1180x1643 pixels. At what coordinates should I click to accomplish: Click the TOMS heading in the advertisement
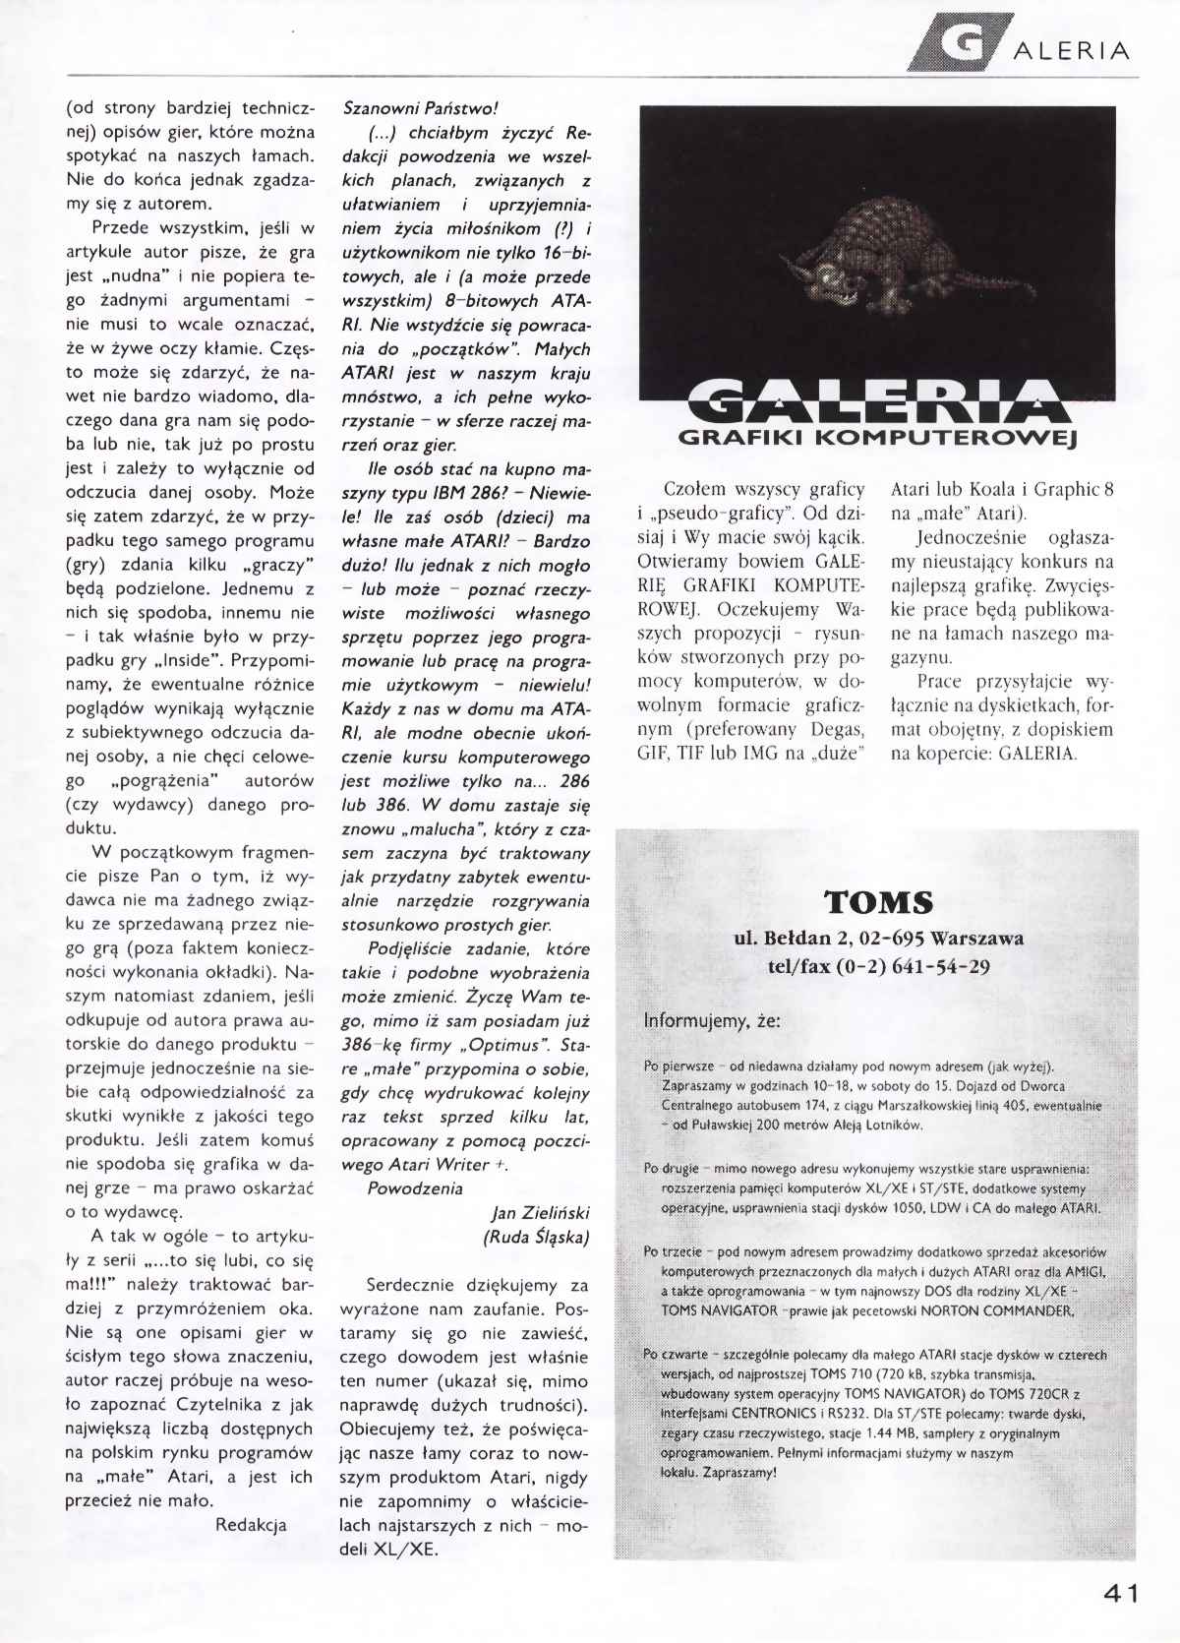878,902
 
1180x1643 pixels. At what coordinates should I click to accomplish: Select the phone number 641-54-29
935,966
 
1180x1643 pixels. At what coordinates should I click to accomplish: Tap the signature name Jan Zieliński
539,1213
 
